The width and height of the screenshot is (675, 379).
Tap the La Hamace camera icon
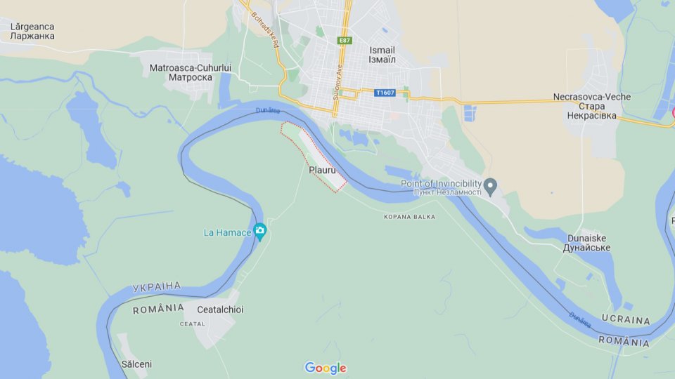[x=260, y=230]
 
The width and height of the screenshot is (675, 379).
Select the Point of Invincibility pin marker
[x=491, y=186]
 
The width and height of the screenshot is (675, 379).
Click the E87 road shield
[x=344, y=41]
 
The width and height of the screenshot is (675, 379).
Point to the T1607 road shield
[x=384, y=93]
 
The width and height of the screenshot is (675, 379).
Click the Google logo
[x=326, y=368]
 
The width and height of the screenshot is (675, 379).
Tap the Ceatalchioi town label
[x=220, y=310]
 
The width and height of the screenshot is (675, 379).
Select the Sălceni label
[x=136, y=364]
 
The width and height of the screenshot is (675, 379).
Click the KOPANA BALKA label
[x=409, y=217]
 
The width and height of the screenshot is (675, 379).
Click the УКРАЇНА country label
[x=156, y=287]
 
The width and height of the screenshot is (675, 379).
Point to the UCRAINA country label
[x=626, y=320]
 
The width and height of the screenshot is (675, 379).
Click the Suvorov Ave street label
[x=337, y=82]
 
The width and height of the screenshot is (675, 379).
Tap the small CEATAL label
[x=192, y=324]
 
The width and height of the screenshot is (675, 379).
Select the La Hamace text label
[x=226, y=232]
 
